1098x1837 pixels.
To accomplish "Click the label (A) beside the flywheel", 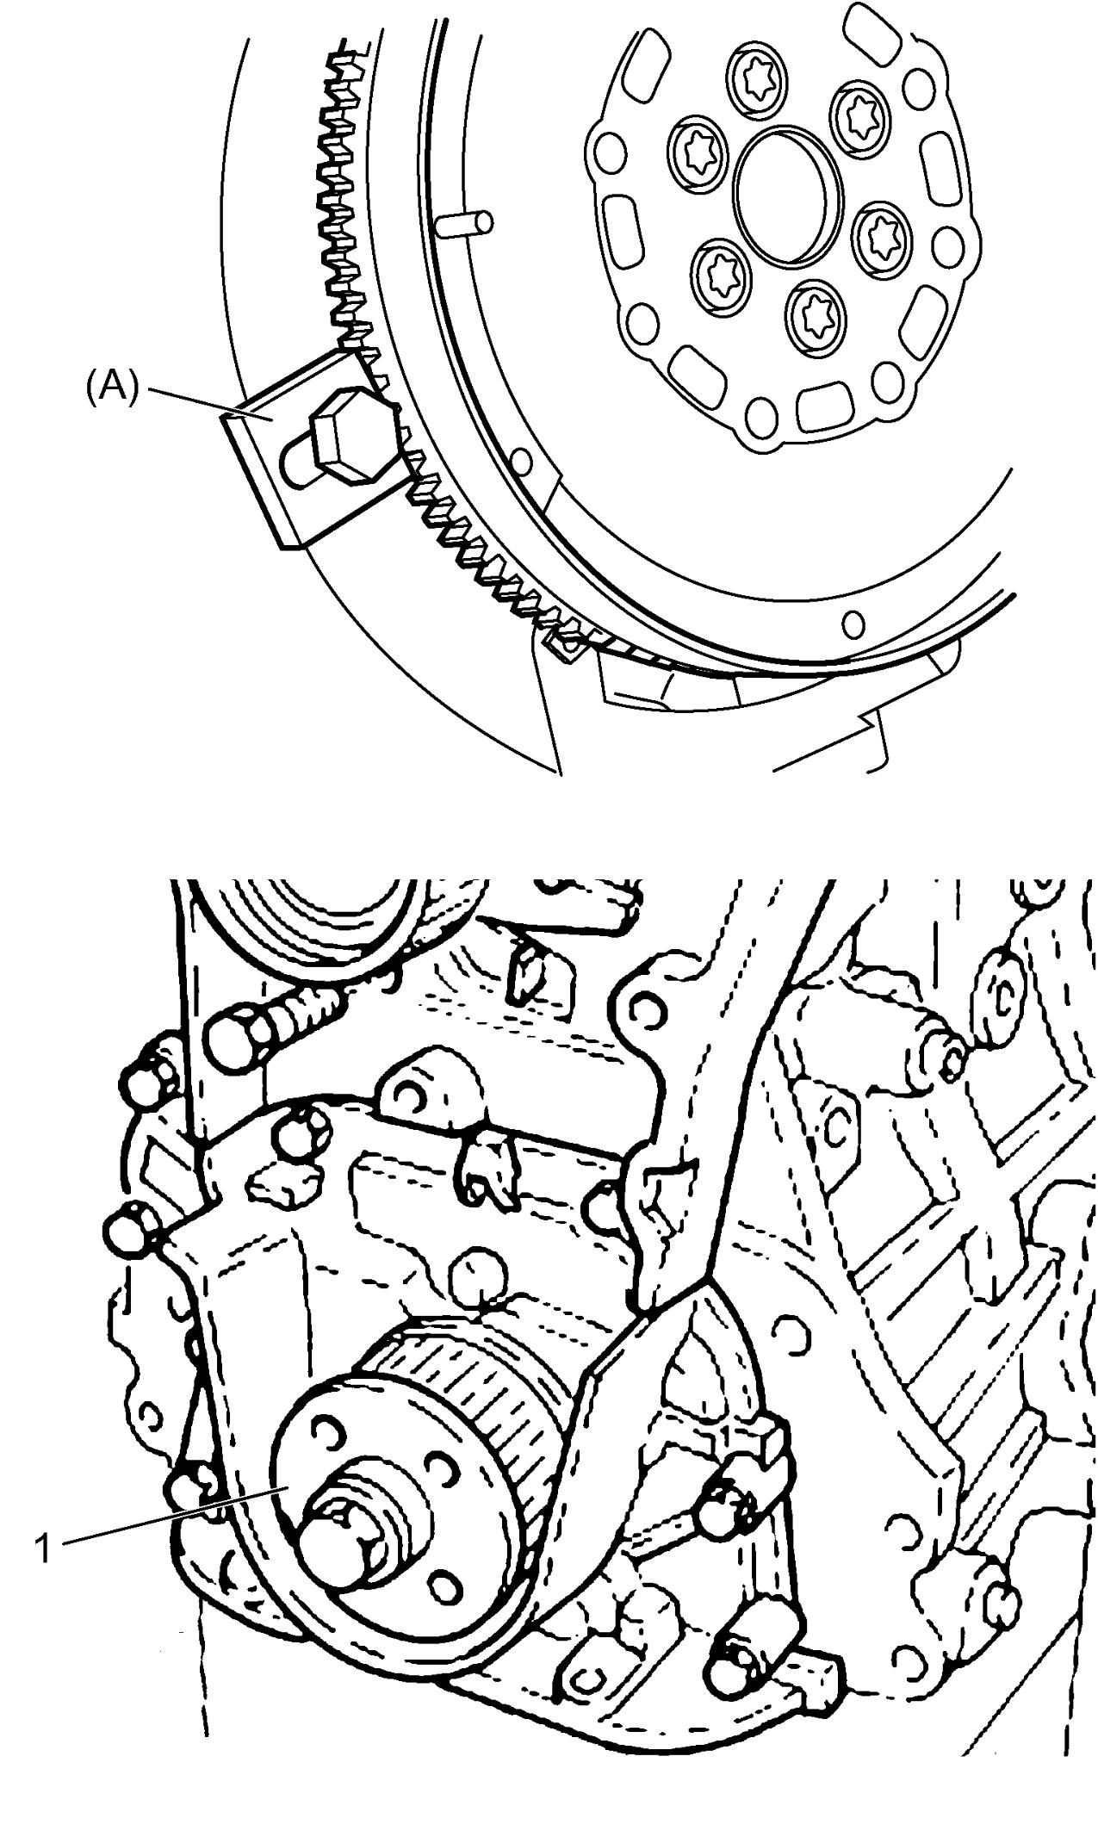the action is point(111,388).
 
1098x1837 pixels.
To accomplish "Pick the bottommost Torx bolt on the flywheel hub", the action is point(812,314).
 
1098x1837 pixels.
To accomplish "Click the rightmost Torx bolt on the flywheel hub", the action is point(884,233).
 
